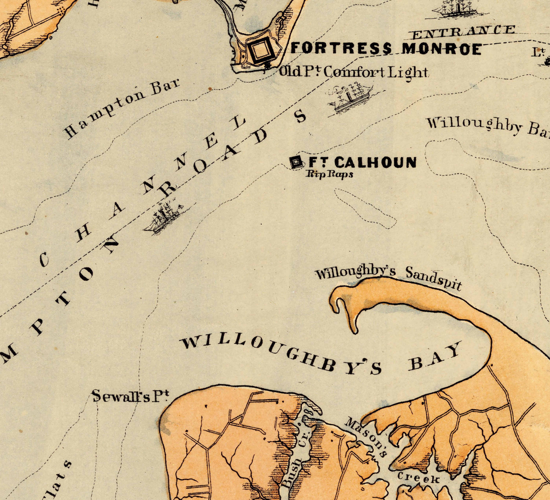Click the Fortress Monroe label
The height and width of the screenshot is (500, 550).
click(x=386, y=49)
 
